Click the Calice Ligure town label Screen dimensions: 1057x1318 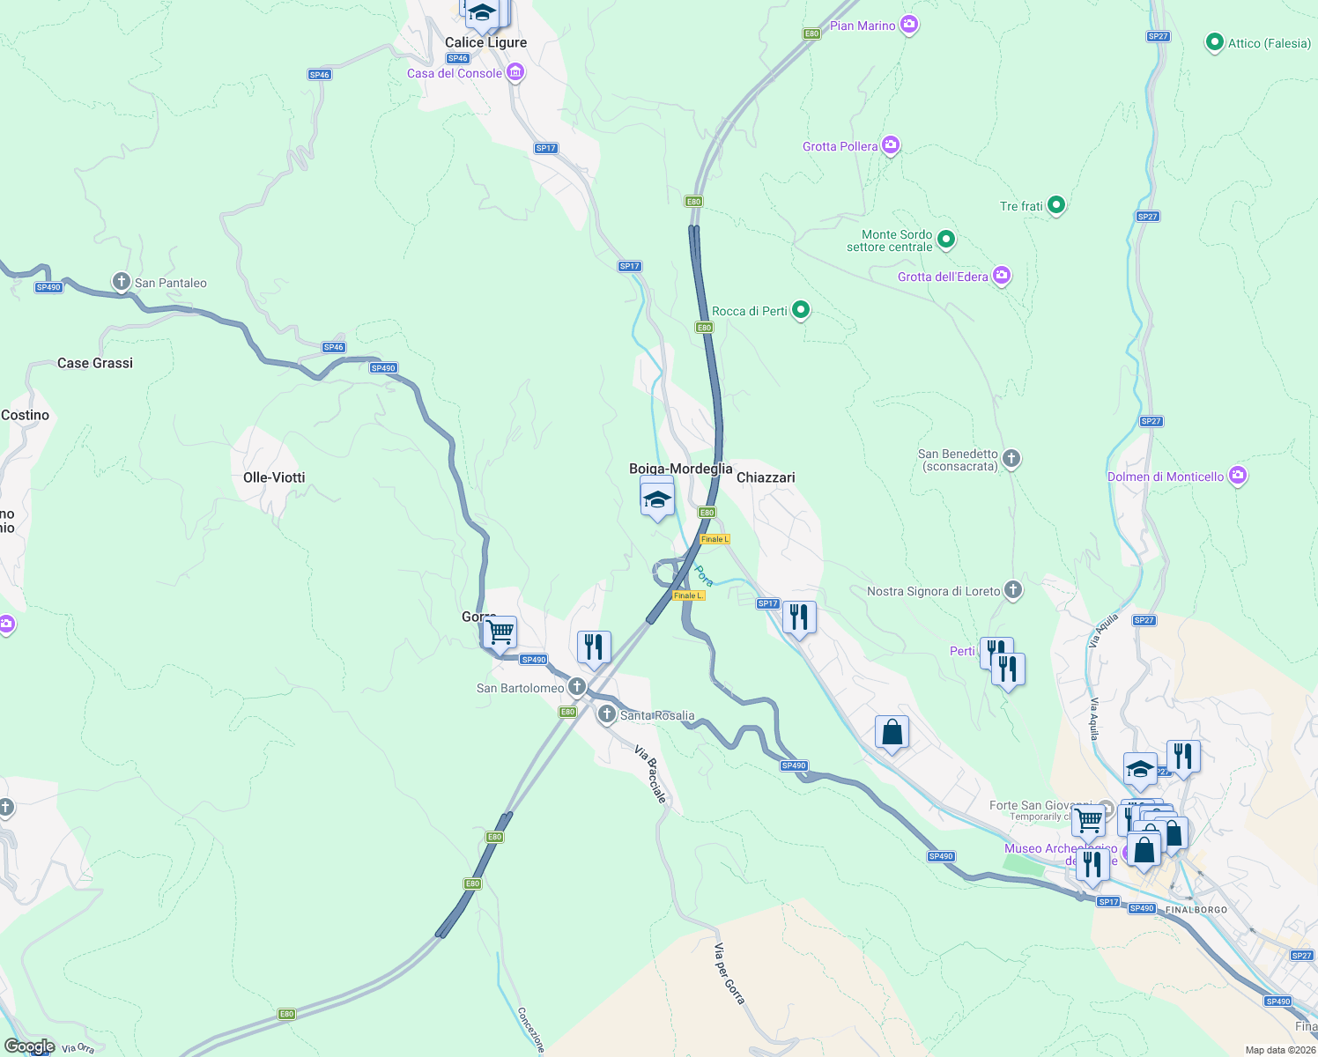point(485,42)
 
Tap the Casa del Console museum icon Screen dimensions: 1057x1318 point(515,72)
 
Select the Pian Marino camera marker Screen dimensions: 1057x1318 point(909,25)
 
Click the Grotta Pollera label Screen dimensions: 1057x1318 point(840,146)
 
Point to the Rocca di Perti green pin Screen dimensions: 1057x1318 point(801,310)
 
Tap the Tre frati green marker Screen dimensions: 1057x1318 point(1056,205)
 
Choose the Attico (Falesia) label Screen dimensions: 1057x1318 point(1270,43)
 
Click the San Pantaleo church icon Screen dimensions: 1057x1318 point(122,282)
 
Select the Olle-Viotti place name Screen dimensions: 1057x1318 point(274,477)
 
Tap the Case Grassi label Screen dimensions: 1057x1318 point(95,363)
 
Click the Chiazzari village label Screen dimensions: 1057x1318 point(766,477)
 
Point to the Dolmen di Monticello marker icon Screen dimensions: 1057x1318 point(1238,476)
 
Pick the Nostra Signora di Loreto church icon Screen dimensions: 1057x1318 point(1013,590)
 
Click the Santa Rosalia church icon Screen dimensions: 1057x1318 point(606,714)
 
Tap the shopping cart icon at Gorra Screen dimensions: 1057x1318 point(500,631)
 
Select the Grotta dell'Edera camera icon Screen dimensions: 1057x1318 point(1001,276)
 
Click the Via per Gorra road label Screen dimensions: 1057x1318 point(729,973)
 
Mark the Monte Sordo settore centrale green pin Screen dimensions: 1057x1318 point(946,239)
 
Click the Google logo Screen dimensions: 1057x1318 point(30,1046)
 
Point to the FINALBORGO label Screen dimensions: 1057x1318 point(1196,910)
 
